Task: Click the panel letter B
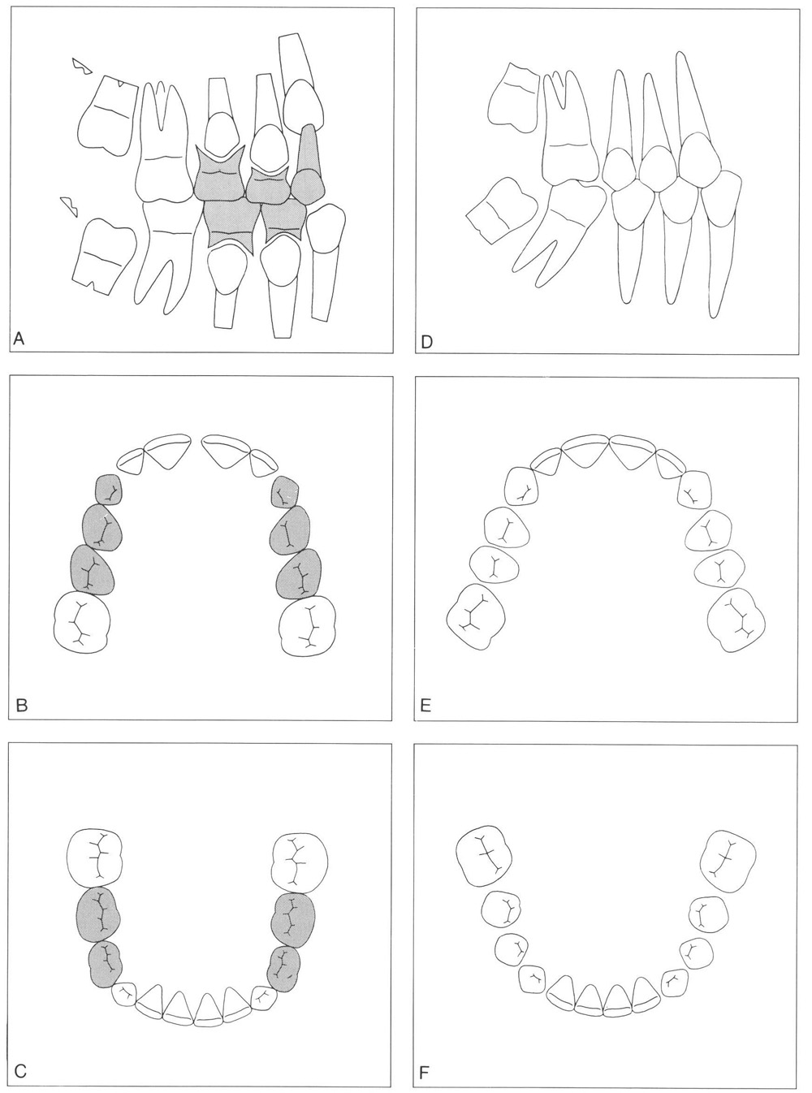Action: pyautogui.click(x=21, y=706)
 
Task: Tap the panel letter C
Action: pyautogui.click(x=20, y=1069)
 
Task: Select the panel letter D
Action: pyautogui.click(x=426, y=342)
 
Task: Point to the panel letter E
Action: pyautogui.click(x=425, y=706)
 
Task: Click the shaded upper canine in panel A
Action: pyautogui.click(x=309, y=162)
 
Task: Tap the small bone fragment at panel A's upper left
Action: pyautogui.click(x=82, y=66)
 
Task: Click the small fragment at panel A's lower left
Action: pyautogui.click(x=69, y=206)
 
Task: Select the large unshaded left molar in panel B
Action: pyautogui.click(x=81, y=624)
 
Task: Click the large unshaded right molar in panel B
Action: pyautogui.click(x=308, y=626)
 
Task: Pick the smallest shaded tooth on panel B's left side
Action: pyautogui.click(x=108, y=490)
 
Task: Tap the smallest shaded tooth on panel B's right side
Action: pyautogui.click(x=284, y=491)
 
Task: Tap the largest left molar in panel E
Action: pyautogui.click(x=476, y=616)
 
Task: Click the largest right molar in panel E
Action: pyautogui.click(x=736, y=620)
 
